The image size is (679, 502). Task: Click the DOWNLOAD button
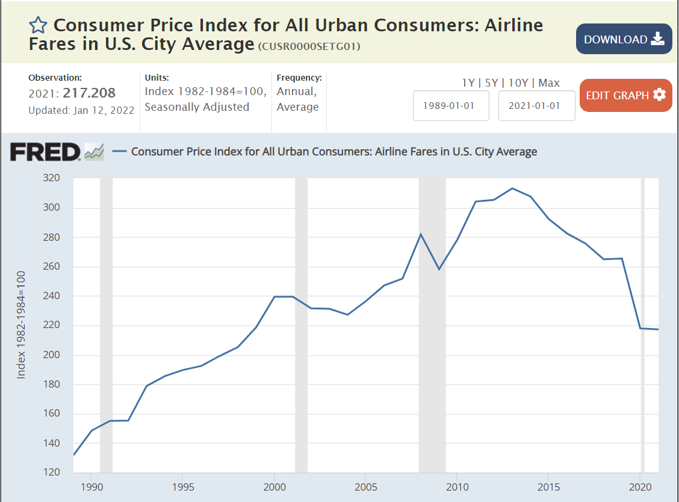(x=624, y=39)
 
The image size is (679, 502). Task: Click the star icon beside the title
(x=38, y=25)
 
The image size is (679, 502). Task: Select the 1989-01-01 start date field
(x=451, y=105)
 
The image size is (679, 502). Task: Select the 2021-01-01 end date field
(x=536, y=105)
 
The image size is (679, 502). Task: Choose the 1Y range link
(x=468, y=83)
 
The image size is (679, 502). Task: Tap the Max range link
(x=549, y=83)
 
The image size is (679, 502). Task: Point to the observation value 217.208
(x=89, y=93)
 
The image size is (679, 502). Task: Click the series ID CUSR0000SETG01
(x=309, y=46)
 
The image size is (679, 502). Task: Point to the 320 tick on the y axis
(x=53, y=178)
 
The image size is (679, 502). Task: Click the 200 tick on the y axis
(x=53, y=355)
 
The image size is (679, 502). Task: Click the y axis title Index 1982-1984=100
(x=22, y=325)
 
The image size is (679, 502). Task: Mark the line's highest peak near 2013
(x=512, y=188)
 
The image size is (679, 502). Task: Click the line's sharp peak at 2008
(x=421, y=234)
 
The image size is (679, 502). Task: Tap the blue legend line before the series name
(x=119, y=152)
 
